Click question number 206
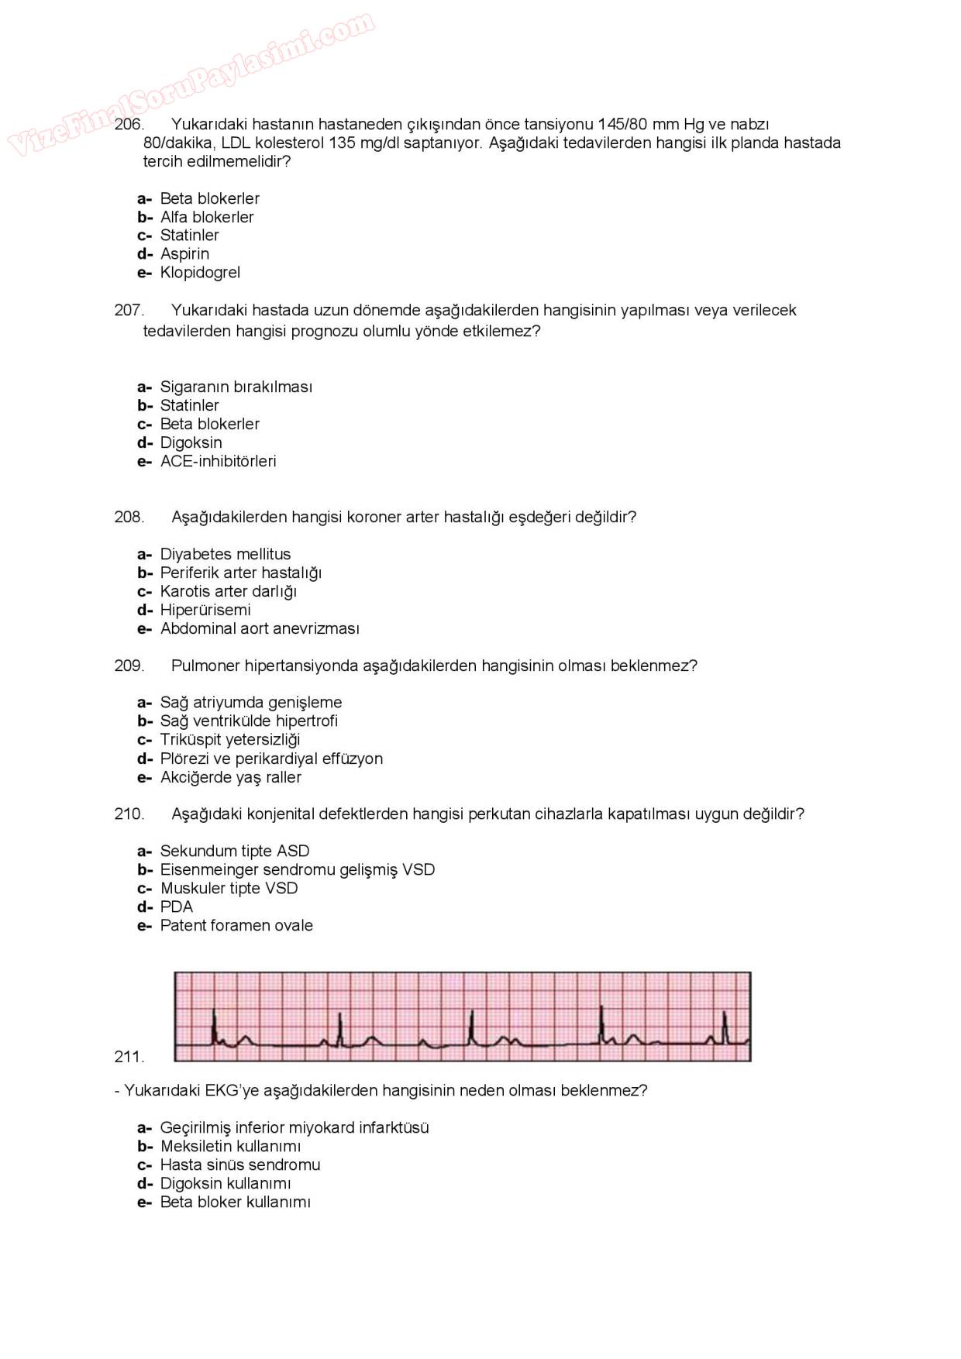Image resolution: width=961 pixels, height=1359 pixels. point(129,124)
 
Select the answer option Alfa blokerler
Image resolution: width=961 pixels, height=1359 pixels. point(206,217)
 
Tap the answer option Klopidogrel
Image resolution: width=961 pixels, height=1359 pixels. point(200,273)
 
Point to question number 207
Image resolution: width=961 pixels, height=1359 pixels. point(129,310)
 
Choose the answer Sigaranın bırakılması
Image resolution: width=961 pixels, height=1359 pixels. point(236,387)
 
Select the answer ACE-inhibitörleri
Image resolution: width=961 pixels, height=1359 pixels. point(218,461)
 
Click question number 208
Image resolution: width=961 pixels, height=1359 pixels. point(129,517)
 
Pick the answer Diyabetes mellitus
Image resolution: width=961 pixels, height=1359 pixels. point(225,554)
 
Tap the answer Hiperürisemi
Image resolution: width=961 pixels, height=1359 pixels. point(205,610)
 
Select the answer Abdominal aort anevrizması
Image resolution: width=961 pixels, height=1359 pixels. point(260,628)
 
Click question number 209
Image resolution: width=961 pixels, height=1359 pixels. point(129,666)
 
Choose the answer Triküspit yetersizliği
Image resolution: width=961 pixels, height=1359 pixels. point(229,739)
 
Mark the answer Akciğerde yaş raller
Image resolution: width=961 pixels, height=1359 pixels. point(230,777)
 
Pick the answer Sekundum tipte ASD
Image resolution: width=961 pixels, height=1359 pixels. point(234,851)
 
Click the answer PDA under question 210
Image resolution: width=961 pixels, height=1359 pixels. point(176,907)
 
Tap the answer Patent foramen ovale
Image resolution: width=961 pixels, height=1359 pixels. point(236,925)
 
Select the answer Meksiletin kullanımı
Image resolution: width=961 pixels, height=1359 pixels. point(230,1146)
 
